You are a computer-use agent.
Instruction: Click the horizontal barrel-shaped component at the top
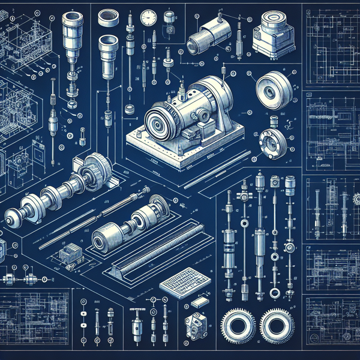click(x=207, y=36)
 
